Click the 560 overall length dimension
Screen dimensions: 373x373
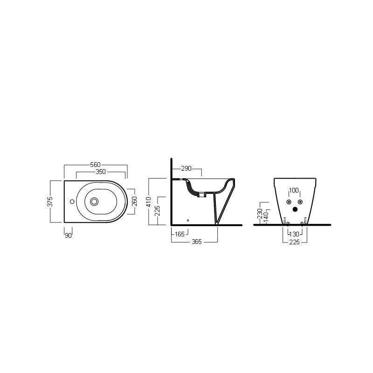[96, 165]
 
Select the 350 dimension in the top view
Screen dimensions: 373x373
[101, 172]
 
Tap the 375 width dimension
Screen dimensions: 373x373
[50, 201]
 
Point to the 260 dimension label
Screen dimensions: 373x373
[134, 201]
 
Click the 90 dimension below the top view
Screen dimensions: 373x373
[68, 235]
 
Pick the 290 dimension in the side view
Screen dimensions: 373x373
[186, 168]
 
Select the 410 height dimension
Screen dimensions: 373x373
[149, 202]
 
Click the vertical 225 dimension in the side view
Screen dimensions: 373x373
[157, 211]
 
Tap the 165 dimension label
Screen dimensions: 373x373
[180, 234]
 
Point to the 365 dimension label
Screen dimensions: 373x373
[197, 242]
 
